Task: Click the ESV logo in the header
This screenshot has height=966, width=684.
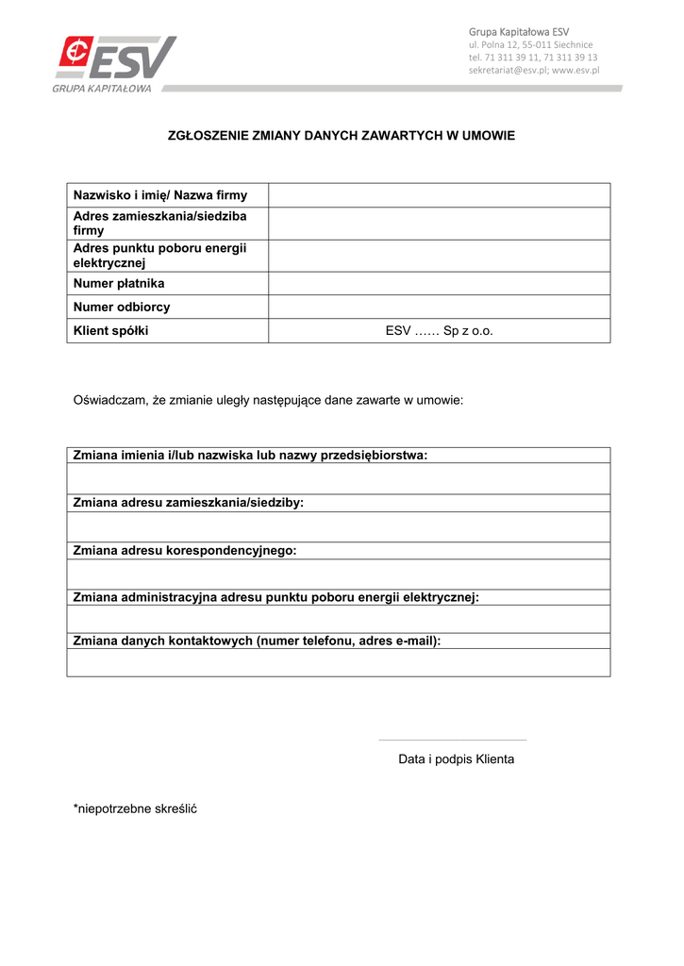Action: click(116, 62)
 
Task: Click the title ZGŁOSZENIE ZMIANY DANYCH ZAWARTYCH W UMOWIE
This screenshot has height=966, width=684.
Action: click(342, 136)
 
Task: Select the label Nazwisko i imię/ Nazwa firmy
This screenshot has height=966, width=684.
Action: click(160, 195)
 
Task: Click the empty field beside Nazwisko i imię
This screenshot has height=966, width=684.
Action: click(439, 195)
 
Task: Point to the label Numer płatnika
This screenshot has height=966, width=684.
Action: click(119, 283)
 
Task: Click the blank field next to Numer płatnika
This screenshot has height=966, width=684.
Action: click(439, 283)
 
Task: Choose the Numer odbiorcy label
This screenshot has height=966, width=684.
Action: click(122, 307)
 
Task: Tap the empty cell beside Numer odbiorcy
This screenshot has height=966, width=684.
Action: click(439, 307)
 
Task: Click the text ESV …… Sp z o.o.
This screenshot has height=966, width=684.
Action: click(439, 331)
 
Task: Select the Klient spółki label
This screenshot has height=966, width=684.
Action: click(111, 331)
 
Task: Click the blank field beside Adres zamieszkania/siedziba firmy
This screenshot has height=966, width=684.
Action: click(439, 224)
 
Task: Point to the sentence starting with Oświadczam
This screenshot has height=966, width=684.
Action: click(268, 400)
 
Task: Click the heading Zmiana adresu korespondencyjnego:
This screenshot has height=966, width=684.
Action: click(185, 550)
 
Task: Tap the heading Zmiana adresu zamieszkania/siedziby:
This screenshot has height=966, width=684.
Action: click(189, 503)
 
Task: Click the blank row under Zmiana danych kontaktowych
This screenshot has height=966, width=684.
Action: click(338, 662)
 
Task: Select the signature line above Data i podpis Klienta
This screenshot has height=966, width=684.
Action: click(452, 740)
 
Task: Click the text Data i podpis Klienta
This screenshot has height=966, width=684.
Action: click(456, 759)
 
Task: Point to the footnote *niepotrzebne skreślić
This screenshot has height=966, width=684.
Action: click(135, 808)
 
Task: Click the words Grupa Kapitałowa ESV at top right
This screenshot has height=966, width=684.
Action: click(519, 32)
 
